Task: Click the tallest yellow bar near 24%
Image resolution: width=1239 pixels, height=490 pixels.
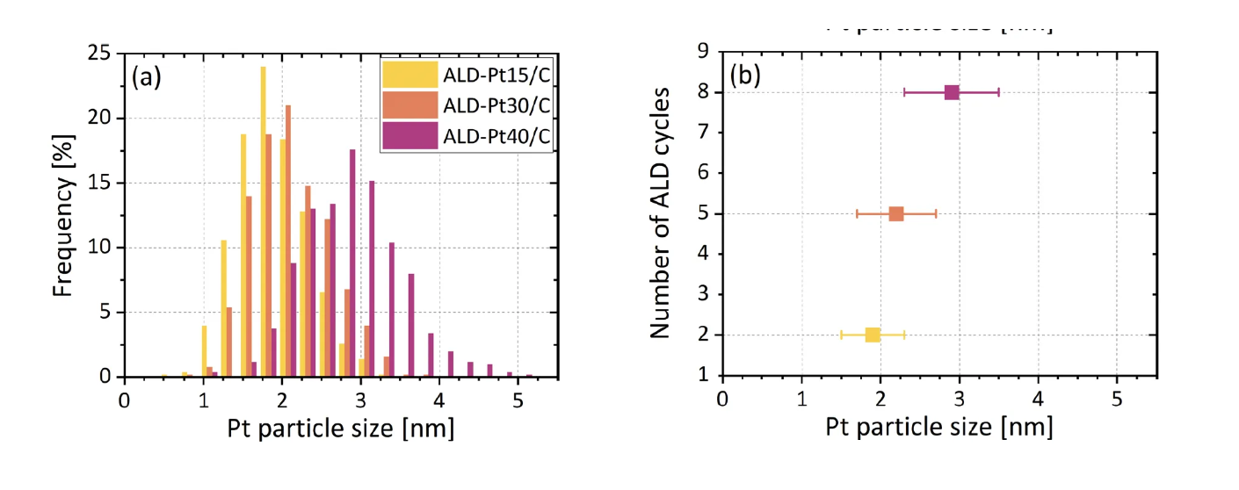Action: (263, 221)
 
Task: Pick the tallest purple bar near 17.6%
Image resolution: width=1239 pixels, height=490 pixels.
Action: (352, 263)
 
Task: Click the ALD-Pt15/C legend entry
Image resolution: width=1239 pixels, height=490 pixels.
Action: (467, 74)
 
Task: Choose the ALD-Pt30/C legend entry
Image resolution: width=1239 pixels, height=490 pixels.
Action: (467, 105)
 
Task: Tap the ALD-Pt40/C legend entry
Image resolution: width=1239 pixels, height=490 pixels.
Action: (467, 137)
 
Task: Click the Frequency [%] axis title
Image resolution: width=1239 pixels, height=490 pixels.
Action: (62, 215)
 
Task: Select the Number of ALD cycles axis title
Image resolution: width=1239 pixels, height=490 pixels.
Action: (660, 213)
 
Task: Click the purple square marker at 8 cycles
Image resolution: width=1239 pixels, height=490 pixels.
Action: (952, 92)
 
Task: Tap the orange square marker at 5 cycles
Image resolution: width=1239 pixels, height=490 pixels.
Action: (896, 213)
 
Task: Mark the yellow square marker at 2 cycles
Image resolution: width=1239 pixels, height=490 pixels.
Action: (873, 335)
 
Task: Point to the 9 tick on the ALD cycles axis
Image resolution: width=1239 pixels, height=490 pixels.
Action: (703, 52)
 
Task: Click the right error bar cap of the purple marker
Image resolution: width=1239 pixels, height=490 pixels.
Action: (998, 92)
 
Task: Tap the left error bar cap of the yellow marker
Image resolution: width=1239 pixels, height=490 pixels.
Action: (842, 335)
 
